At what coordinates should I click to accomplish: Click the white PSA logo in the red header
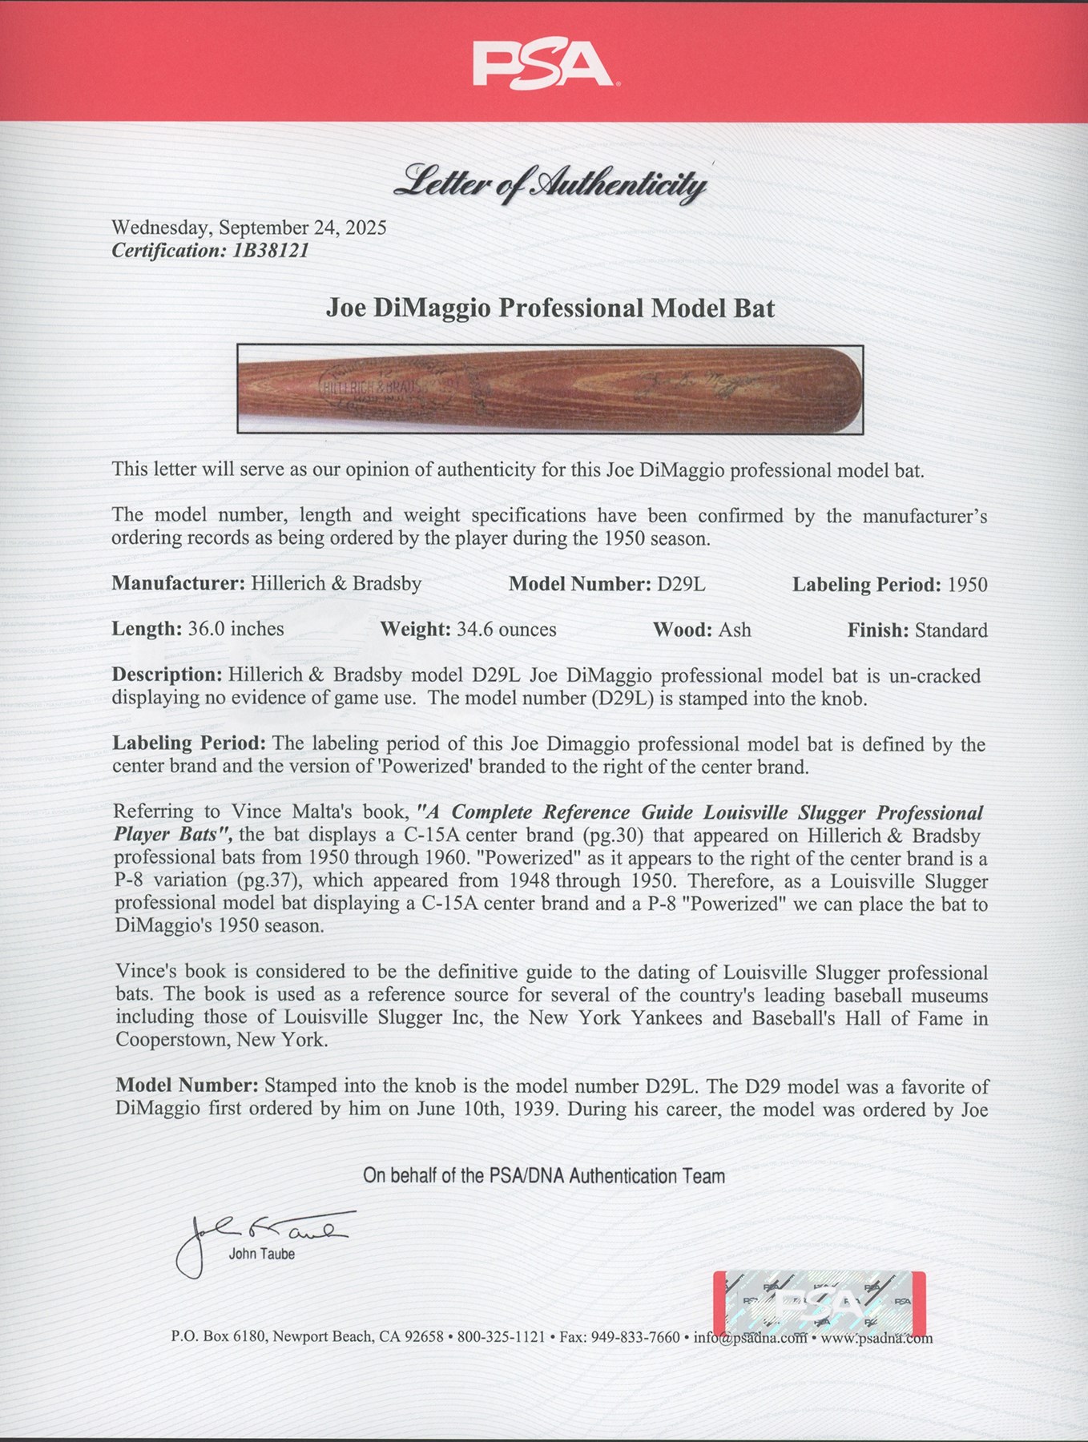tap(543, 63)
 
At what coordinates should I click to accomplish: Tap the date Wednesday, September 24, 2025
tap(248, 228)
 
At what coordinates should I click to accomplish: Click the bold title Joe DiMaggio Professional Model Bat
tap(550, 308)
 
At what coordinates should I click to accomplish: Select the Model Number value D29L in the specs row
tap(681, 584)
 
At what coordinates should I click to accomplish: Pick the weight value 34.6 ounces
tap(506, 630)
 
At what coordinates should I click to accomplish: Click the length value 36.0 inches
tap(236, 629)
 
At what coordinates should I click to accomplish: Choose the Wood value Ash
tap(735, 630)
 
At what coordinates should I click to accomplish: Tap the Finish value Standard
tap(951, 630)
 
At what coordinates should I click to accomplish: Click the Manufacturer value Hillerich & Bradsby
tap(336, 583)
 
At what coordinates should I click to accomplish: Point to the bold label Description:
tap(167, 675)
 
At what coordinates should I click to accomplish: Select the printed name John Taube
tap(261, 1255)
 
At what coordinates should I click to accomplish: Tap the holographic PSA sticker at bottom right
tap(819, 1302)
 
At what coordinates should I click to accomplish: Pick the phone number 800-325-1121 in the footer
tap(501, 1337)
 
